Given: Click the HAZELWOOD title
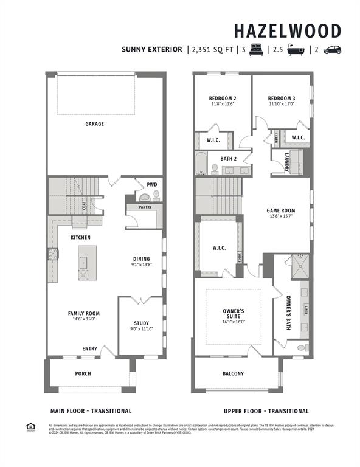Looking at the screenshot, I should point(288,31).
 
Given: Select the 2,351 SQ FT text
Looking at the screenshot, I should point(213,50).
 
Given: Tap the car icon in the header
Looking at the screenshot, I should point(332,50).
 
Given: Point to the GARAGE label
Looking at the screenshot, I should point(94,123).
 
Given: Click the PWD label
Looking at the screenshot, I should point(151,184).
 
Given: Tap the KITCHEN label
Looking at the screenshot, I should point(80,237).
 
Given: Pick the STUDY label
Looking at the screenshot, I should point(141,323).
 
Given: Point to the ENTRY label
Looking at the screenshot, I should point(89,348).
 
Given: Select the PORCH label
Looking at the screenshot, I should point(83,373).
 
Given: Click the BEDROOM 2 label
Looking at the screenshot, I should point(222,98).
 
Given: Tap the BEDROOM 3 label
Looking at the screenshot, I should point(281,98).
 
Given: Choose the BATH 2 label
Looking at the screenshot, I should point(228,159).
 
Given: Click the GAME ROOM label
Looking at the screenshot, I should point(280,210).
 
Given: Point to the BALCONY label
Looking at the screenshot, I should point(233,373).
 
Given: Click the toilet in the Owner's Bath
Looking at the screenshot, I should point(301,348).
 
